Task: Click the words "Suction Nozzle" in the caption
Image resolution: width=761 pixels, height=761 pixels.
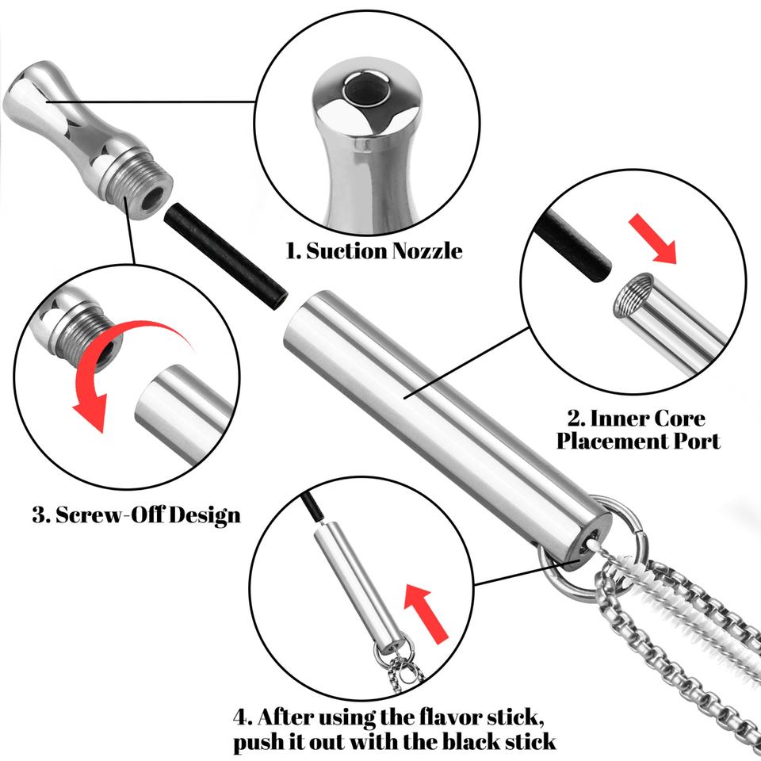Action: coord(384,251)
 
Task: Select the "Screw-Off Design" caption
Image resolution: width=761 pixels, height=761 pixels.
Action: coord(148,515)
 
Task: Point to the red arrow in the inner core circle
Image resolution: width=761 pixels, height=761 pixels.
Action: coord(652,239)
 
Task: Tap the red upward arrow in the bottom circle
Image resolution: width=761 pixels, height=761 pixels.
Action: coord(426,614)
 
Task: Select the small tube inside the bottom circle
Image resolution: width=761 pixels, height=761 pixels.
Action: coord(359,588)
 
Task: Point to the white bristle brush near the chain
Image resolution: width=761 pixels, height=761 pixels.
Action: coord(675,602)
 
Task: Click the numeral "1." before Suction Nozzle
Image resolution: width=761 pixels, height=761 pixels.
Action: coord(294,251)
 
